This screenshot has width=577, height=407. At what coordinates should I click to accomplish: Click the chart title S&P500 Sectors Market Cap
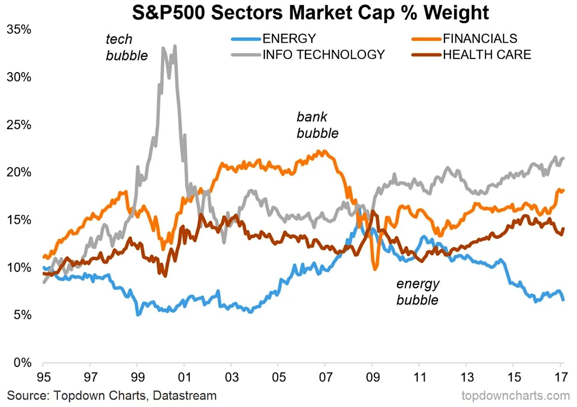click(x=310, y=12)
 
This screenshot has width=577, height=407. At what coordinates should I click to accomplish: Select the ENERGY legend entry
click(x=289, y=38)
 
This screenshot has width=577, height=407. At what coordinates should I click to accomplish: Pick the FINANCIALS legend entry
click(x=480, y=38)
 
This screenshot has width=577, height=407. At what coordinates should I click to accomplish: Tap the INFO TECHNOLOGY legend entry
click(x=323, y=55)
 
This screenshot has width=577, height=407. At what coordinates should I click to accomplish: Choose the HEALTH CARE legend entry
click(x=486, y=55)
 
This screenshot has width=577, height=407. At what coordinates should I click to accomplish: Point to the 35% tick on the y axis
click(x=19, y=29)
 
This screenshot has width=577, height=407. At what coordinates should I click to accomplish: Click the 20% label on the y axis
click(x=19, y=172)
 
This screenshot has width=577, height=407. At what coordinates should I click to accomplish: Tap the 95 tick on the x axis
click(x=43, y=377)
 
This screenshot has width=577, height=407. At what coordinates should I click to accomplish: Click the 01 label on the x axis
click(x=184, y=377)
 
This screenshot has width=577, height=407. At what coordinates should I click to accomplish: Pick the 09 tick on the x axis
click(x=372, y=377)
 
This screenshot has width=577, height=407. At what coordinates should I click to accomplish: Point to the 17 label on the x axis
click(x=561, y=377)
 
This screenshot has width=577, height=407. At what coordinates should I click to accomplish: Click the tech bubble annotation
click(x=126, y=47)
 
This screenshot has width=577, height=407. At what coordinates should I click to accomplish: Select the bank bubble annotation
click(x=317, y=125)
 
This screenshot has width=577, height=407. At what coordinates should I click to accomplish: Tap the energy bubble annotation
click(x=417, y=292)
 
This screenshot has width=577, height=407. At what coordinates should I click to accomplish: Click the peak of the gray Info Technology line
click(x=175, y=46)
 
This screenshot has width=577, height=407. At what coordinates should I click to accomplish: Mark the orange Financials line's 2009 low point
click(x=375, y=269)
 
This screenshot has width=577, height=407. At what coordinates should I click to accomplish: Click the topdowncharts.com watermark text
click(x=515, y=395)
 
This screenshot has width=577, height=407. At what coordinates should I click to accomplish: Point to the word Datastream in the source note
click(x=185, y=395)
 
